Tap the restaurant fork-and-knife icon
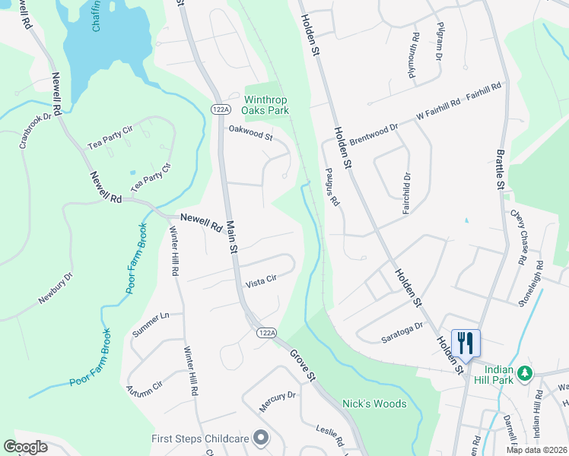pyautogui.click(x=466, y=342)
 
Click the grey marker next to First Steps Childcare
pyautogui.click(x=261, y=438)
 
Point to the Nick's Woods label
pyautogui.click(x=374, y=404)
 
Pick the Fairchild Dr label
pyautogui.click(x=405, y=191)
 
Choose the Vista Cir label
pyautogui.click(x=260, y=283)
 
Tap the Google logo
pyautogui.click(x=25, y=447)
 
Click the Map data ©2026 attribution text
pyautogui.click(x=536, y=450)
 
